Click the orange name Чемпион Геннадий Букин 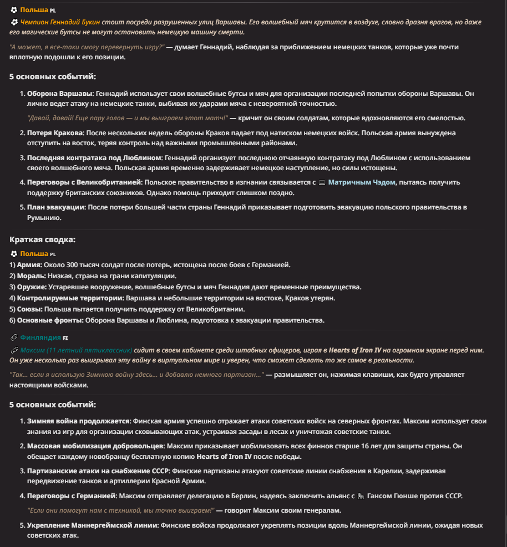point(60,22)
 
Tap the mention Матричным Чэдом point(362,182)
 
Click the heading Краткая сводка point(43,239)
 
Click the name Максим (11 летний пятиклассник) point(77,350)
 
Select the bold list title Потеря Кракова point(55,133)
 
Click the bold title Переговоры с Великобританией point(85,182)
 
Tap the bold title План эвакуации point(56,207)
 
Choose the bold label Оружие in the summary point(31,287)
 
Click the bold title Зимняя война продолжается point(78,421)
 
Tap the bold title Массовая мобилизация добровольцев point(95,446)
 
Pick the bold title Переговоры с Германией point(72,495)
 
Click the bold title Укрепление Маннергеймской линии point(93,525)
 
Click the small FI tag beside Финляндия point(65,338)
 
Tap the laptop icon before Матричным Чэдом point(322,182)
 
